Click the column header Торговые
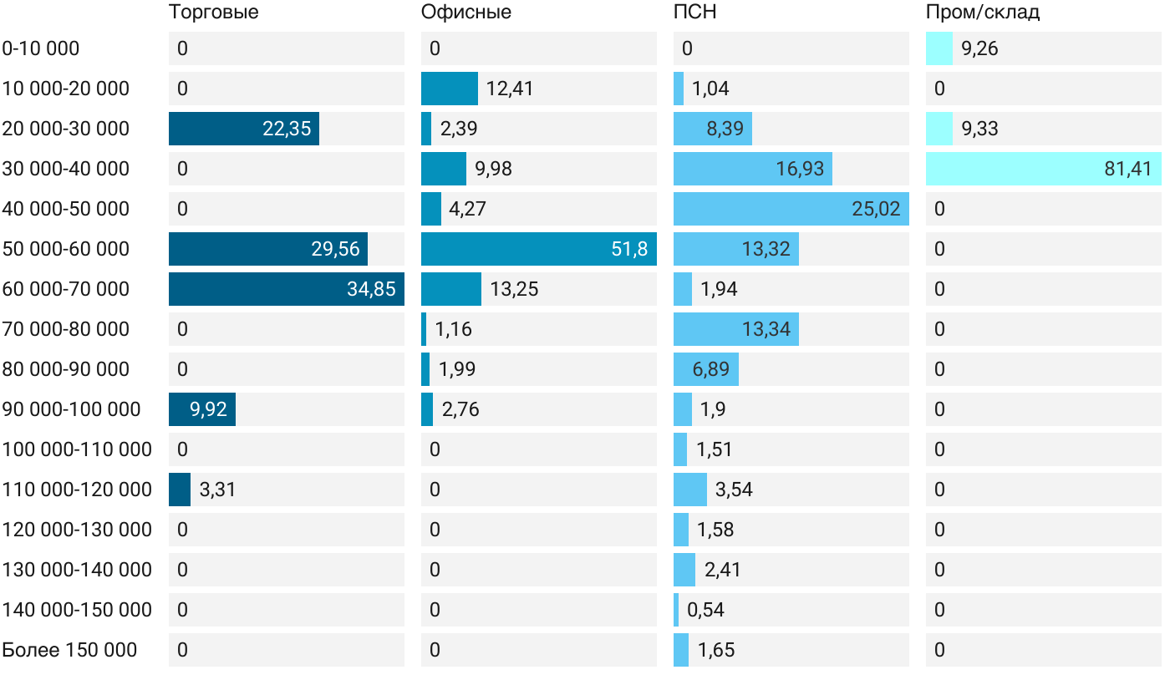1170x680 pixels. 213,13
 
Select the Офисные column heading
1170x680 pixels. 465,13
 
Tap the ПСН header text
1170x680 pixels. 694,13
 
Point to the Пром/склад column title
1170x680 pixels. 982,13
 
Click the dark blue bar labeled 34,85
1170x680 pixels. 286,289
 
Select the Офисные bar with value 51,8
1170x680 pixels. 538,249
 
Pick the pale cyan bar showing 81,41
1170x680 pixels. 1043,169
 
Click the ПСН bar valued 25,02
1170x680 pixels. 791,209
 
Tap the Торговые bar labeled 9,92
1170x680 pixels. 201,409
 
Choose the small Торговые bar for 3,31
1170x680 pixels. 180,490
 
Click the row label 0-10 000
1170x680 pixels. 41,48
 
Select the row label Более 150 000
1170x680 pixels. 69,650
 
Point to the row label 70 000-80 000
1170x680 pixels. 66,329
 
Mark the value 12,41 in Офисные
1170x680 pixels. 509,89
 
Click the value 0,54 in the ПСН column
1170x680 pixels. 705,610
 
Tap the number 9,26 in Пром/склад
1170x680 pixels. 979,48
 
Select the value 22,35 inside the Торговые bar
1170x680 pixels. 287,129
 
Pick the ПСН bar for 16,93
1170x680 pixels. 752,169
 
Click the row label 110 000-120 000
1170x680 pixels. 77,490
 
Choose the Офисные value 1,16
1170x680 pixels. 453,329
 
